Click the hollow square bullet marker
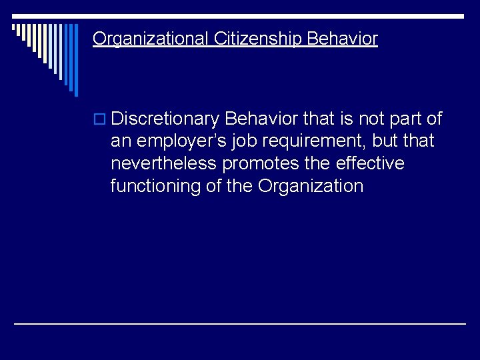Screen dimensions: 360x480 point(101,120)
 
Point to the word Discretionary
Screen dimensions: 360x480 point(165,119)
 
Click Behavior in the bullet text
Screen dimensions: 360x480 point(261,119)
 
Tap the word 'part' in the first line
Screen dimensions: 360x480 point(406,119)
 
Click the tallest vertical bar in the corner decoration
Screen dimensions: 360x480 point(75,60)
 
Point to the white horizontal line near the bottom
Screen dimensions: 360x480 point(240,323)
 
